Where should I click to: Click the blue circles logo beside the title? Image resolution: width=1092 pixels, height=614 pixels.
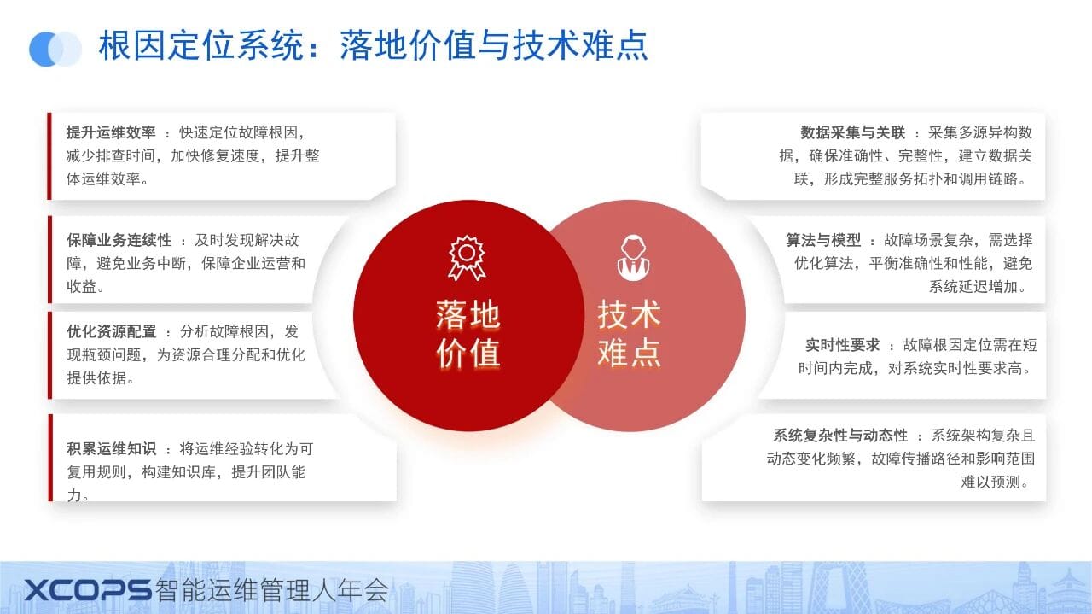[55, 49]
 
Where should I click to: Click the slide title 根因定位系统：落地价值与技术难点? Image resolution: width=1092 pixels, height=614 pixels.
[374, 45]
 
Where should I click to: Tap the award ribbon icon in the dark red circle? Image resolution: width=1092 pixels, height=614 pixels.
[467, 258]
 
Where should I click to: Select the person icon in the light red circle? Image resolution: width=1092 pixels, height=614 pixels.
[633, 258]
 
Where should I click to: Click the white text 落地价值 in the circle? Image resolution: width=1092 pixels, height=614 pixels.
[468, 334]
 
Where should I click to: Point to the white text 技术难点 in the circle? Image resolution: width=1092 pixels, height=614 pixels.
[630, 334]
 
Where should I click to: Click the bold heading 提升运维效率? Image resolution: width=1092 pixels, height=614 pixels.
[111, 132]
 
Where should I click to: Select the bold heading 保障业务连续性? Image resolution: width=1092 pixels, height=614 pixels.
[119, 240]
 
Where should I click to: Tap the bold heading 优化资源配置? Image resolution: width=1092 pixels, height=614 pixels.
[111, 332]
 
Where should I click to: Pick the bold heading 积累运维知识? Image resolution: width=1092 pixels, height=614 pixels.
[111, 448]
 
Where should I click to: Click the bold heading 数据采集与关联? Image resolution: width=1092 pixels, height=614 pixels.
[852, 132]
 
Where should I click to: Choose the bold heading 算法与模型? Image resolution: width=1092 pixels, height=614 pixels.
[823, 240]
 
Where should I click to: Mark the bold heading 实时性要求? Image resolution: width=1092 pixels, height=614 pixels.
[842, 345]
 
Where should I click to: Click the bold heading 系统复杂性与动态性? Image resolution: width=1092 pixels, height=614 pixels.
[840, 435]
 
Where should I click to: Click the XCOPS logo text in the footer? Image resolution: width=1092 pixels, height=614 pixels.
[88, 590]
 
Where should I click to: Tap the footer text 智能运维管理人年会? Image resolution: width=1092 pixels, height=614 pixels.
[272, 590]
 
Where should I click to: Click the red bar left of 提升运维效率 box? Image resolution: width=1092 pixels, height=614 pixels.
[49, 156]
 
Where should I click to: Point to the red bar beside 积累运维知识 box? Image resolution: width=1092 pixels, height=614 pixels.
[50, 458]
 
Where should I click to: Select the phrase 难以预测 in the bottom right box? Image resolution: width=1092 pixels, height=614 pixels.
[990, 482]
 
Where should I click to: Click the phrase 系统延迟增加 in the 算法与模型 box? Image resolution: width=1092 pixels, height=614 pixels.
[973, 286]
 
